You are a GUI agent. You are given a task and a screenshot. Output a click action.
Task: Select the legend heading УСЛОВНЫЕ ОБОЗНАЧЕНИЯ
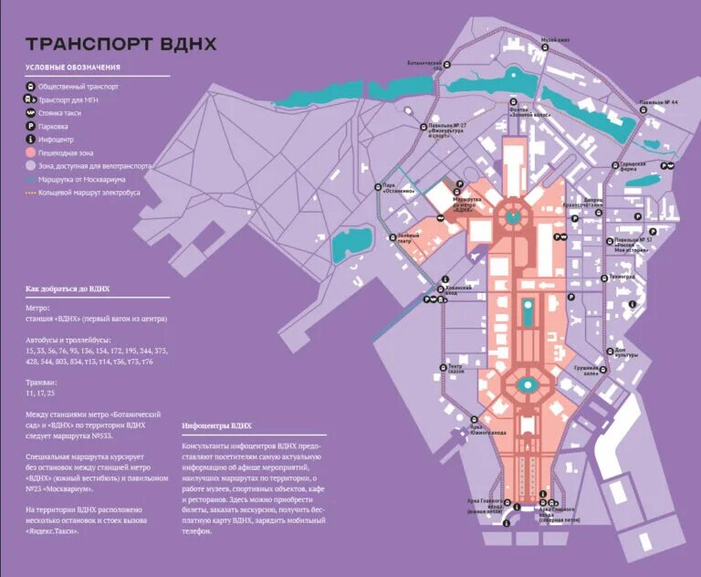tap(72, 68)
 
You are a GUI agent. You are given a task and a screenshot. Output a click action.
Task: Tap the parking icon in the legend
tap(31, 125)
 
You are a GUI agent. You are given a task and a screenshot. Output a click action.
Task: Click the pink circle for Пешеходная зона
tap(31, 152)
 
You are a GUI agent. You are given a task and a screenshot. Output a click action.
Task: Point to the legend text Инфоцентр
tap(59, 139)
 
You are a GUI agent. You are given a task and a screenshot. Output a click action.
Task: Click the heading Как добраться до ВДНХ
tap(68, 288)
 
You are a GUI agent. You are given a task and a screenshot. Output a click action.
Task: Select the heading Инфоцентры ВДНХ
tap(216, 425)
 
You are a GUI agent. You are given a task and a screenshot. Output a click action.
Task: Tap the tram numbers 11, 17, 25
tap(40, 393)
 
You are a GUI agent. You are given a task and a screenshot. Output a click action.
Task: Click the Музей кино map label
tap(555, 40)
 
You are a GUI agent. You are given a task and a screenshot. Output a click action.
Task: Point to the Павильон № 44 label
tap(658, 102)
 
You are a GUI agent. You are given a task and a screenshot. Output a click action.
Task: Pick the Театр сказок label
tap(456, 370)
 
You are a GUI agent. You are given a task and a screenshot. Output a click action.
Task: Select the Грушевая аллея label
tap(585, 372)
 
